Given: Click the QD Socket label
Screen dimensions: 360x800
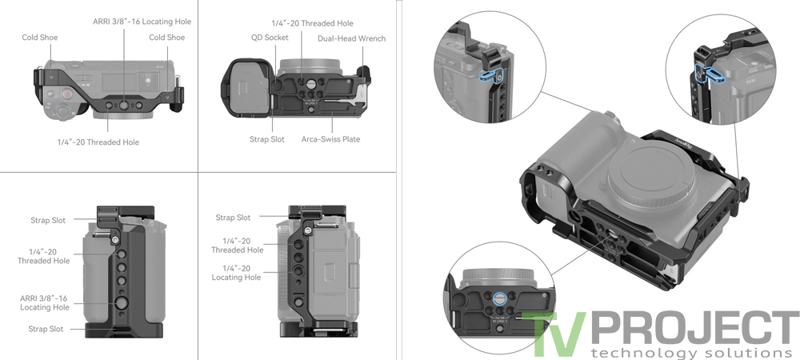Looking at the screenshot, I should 269,37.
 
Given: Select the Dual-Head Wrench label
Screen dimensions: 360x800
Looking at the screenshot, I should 351,38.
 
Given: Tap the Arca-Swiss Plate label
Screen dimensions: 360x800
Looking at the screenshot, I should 330,139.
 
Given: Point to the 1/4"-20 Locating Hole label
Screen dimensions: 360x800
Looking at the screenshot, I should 236,273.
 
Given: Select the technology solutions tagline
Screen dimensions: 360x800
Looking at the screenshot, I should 683,353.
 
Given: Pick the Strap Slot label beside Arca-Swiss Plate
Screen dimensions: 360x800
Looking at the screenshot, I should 266,139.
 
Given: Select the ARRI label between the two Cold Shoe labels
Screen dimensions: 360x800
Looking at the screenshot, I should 141,21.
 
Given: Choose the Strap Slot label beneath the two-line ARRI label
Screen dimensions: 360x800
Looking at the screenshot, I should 46,329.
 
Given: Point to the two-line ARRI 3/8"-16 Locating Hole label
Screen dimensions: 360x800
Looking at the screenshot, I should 44,302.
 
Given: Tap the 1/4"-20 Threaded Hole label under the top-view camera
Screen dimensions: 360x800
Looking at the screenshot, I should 98,142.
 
